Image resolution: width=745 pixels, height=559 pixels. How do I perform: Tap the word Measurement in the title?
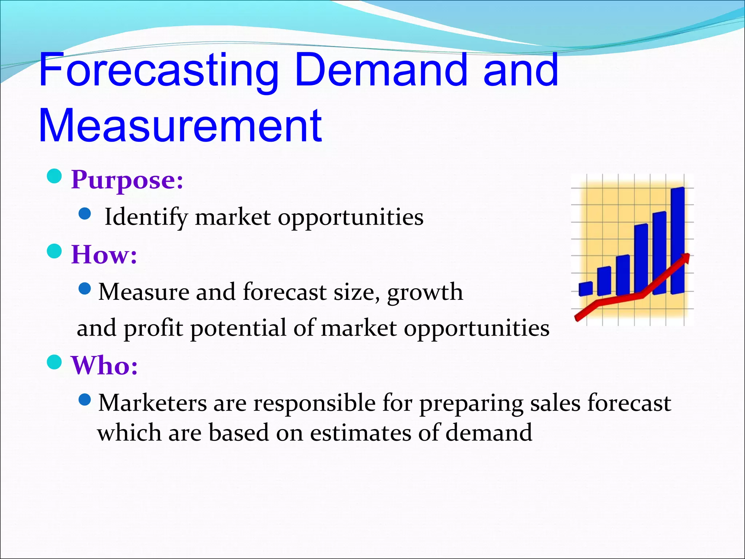coord(180,126)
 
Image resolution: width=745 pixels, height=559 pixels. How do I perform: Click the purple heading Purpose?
coord(127,180)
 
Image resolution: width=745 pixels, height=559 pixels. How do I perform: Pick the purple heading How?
coord(104,254)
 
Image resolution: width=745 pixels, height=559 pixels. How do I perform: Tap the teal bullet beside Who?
coord(55,362)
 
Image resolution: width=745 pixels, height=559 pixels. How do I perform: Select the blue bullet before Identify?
coord(85,214)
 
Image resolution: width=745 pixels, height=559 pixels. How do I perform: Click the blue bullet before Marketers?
coord(85,400)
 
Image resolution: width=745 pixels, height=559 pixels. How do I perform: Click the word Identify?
coord(146,217)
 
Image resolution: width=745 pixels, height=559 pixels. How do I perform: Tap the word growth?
coord(425,292)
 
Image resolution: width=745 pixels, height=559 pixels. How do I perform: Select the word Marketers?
coord(152,403)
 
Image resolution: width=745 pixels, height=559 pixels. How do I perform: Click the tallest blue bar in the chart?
coord(677,240)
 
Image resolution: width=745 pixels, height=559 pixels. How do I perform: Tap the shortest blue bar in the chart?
coord(585,289)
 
